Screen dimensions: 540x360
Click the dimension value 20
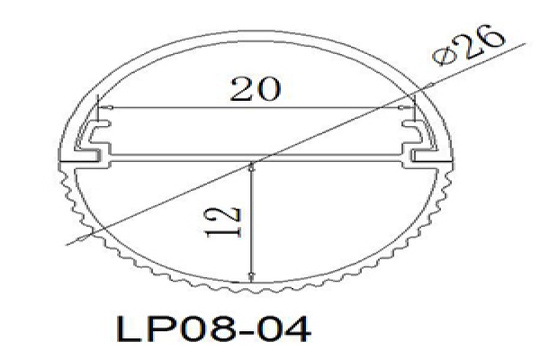pyautogui.click(x=256, y=90)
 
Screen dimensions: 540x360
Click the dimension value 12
pyautogui.click(x=223, y=222)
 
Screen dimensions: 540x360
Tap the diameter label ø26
pyautogui.click(x=469, y=45)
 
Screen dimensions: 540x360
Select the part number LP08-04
pyautogui.click(x=213, y=329)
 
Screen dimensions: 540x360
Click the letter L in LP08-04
pyautogui.click(x=128, y=329)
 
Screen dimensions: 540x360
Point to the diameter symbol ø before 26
pyautogui.click(x=442, y=57)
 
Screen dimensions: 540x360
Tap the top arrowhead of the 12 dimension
pyautogui.click(x=252, y=167)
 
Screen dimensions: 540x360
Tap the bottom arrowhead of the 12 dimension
pyautogui.click(x=252, y=276)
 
